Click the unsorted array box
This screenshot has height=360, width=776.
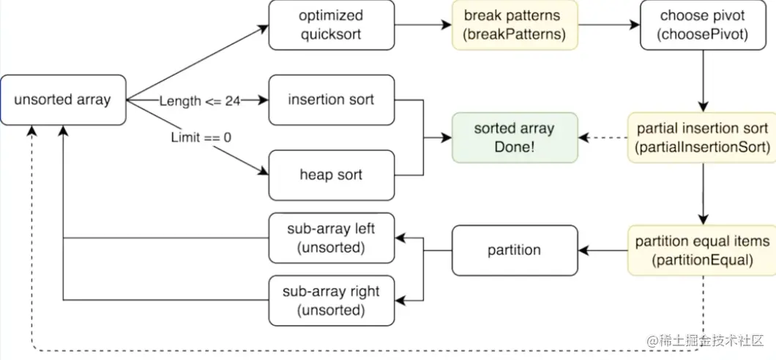[x=63, y=100]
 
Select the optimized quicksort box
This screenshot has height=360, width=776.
[x=332, y=25]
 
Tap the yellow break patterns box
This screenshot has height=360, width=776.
[x=515, y=25]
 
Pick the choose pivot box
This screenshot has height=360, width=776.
[x=703, y=25]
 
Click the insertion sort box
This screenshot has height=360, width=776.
[x=332, y=100]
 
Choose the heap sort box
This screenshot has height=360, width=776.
[x=332, y=175]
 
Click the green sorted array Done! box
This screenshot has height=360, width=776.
[x=515, y=138]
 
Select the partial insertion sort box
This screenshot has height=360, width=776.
[x=703, y=138]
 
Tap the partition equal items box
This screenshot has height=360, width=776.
[x=703, y=250]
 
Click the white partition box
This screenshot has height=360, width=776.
[x=515, y=250]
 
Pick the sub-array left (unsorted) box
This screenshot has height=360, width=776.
[x=332, y=238]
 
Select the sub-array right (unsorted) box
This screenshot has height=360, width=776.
[x=332, y=301]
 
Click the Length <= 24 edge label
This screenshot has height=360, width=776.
[x=199, y=101]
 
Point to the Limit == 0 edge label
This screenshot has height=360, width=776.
[x=201, y=137]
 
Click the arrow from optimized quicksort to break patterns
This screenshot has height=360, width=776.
[x=423, y=25]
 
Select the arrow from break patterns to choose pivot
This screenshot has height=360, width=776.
[x=609, y=25]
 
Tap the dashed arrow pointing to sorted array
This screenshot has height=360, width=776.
[x=603, y=138]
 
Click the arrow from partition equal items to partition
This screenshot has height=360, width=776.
[x=603, y=250]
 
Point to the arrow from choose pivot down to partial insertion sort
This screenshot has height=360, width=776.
[x=703, y=81]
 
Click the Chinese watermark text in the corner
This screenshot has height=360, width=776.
[x=706, y=340]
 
